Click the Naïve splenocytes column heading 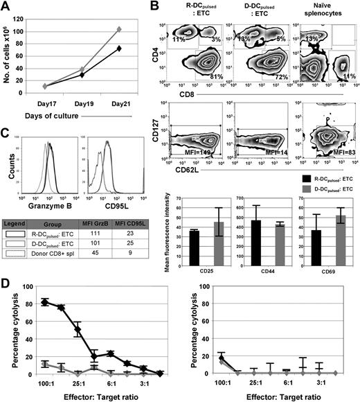(325, 11)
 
